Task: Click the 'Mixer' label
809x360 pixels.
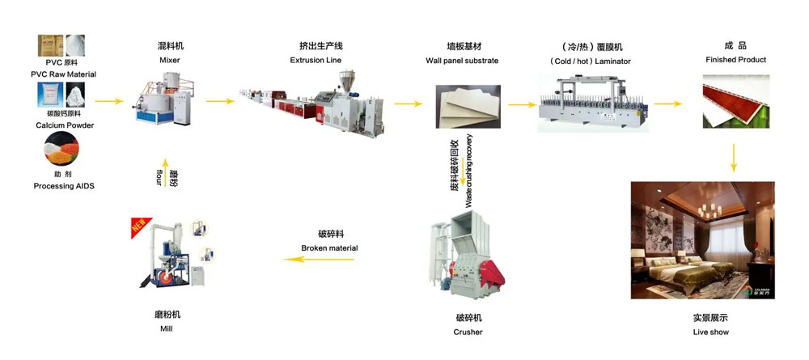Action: click(x=170, y=61)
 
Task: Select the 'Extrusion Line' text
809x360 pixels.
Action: click(x=316, y=61)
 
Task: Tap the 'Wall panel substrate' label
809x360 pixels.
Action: click(x=462, y=61)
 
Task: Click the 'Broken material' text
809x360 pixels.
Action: click(x=329, y=248)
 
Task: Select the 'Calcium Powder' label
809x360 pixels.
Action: click(x=65, y=125)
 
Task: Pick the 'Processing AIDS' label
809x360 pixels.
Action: click(x=64, y=186)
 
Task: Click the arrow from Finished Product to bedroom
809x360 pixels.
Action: click(x=734, y=157)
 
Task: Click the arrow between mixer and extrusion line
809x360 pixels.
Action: click(x=215, y=101)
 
